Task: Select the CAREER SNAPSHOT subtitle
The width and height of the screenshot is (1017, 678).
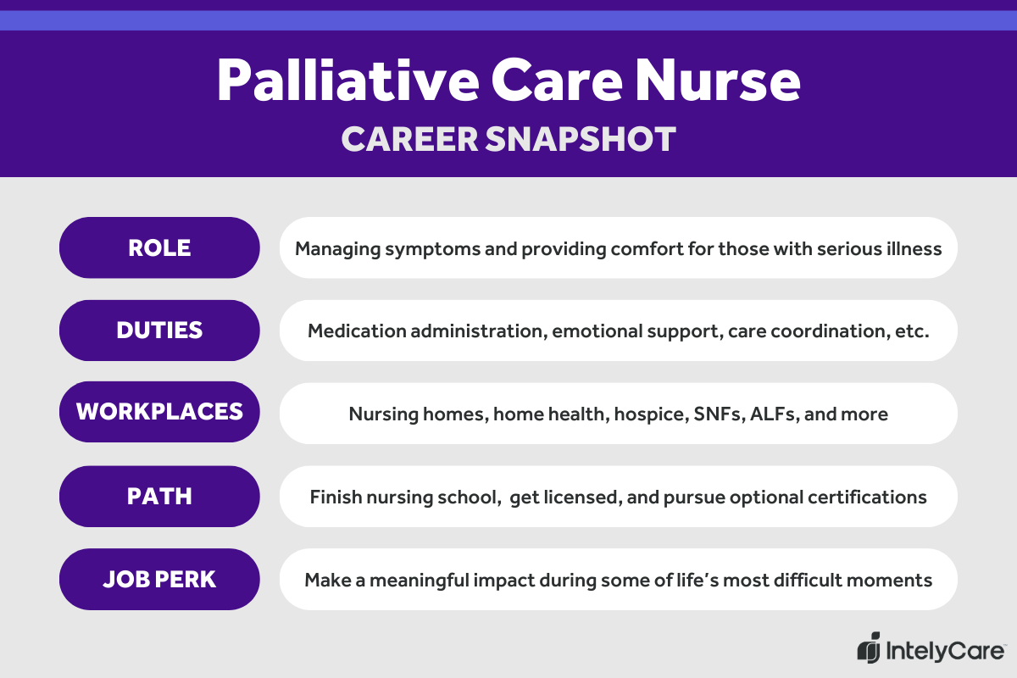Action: pos(508,139)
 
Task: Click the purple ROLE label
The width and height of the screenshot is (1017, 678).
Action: pos(159,247)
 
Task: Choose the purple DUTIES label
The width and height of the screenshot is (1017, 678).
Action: pos(159,331)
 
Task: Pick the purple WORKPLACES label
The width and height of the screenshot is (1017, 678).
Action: pos(159,413)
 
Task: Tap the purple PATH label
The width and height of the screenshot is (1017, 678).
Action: pos(159,496)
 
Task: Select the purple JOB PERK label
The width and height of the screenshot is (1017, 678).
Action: pos(159,579)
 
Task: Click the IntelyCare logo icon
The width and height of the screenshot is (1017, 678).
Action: pos(870,648)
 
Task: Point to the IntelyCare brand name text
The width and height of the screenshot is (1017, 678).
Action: pos(945,651)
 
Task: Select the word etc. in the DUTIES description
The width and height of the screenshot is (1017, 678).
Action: pos(912,331)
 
